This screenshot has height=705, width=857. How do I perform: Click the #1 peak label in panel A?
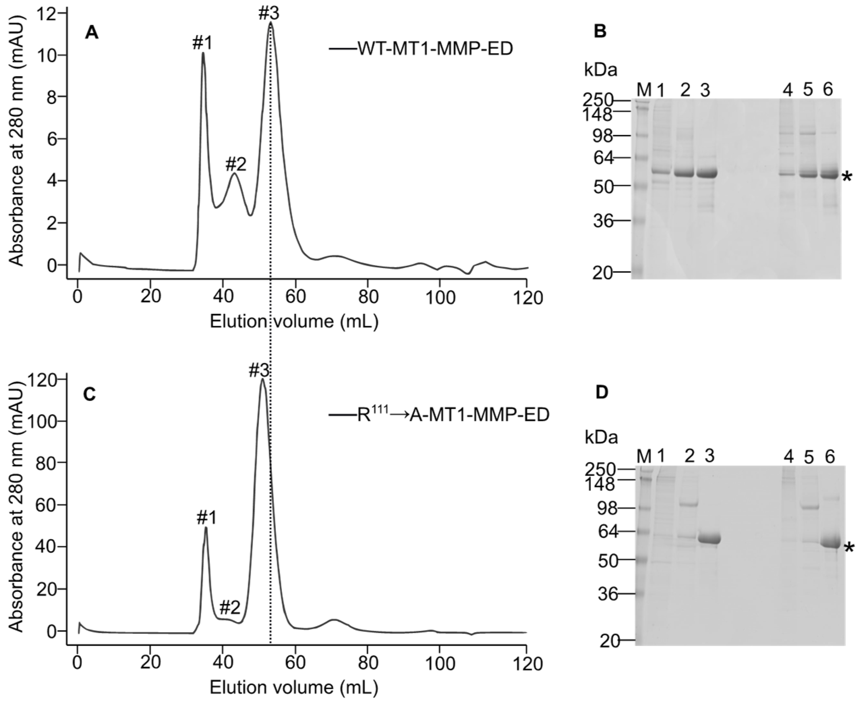tap(203, 43)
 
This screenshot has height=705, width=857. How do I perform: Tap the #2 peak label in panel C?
tap(230, 608)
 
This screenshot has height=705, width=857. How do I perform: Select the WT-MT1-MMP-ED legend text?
tap(435, 49)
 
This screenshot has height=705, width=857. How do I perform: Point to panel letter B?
tap(600, 31)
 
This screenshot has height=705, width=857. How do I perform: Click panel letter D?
tap(601, 393)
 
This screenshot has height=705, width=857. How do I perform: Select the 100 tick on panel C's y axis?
tap(42, 421)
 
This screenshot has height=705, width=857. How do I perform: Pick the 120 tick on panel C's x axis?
tap(527, 663)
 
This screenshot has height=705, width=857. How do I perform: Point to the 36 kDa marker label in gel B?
tap(602, 221)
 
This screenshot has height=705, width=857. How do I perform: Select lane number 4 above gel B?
tap(787, 90)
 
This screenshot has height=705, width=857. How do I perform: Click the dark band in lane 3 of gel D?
tap(709, 540)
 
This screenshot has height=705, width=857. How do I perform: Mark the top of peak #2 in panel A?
tap(234, 174)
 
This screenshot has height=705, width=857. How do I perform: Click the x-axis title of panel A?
tap(294, 321)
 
